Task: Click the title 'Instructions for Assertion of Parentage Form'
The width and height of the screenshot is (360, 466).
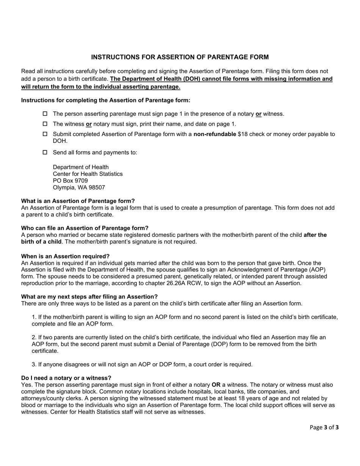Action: pyautogui.click(x=180, y=57)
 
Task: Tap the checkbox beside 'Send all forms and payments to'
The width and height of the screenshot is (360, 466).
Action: pyautogui.click(x=45, y=152)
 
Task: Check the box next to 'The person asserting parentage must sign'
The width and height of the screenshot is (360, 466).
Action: pyautogui.click(x=45, y=114)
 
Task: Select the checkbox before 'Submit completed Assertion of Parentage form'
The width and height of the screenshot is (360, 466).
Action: pyautogui.click(x=45, y=134)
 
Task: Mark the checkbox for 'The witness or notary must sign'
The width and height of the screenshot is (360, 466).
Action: pyautogui.click(x=45, y=124)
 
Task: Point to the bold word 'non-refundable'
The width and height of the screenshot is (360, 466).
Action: pyautogui.click(x=215, y=134)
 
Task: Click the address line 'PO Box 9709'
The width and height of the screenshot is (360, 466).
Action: pyautogui.click(x=70, y=181)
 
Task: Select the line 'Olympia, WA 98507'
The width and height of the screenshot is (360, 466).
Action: pyautogui.click(x=79, y=188)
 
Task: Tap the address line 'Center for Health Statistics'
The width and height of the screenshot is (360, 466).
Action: pyautogui.click(x=88, y=174)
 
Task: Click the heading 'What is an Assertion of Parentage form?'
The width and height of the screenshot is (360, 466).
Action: pyautogui.click(x=78, y=201)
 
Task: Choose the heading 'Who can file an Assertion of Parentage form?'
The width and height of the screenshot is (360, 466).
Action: pyautogui.click(x=85, y=228)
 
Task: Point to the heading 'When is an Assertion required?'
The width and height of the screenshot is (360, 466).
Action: pyautogui.click(x=65, y=256)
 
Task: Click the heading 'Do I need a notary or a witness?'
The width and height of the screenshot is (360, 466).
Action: pyautogui.click(x=66, y=378)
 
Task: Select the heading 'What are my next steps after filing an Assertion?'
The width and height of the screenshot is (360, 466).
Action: pyautogui.click(x=89, y=297)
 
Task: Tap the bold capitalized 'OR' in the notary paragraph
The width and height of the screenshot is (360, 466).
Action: pyautogui.click(x=216, y=385)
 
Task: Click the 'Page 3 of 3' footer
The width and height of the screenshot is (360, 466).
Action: pyautogui.click(x=324, y=427)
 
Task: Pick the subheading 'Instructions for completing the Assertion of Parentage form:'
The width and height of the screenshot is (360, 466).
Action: pyautogui.click(x=106, y=100)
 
